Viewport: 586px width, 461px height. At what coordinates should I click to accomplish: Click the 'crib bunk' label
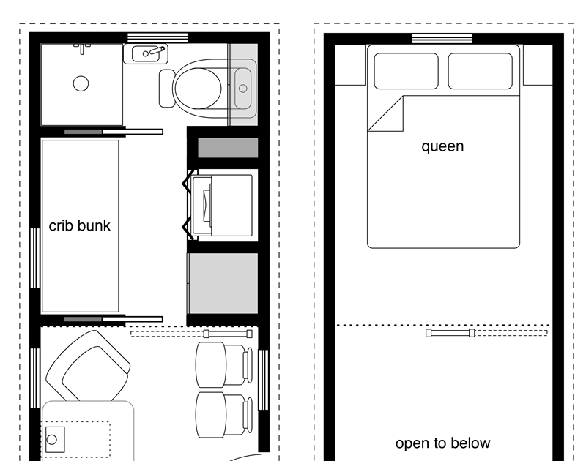(x=80, y=225)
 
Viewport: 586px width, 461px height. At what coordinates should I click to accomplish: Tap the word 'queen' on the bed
(x=442, y=146)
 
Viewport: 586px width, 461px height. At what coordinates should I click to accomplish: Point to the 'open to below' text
(x=443, y=443)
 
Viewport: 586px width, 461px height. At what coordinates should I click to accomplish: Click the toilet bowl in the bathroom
(x=198, y=89)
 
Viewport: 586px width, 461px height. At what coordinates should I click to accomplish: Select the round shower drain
(x=81, y=83)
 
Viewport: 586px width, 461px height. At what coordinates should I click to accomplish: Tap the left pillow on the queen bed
(x=407, y=71)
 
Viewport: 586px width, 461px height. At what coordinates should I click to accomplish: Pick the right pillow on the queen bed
(x=481, y=71)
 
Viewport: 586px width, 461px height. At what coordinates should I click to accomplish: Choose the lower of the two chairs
(x=223, y=414)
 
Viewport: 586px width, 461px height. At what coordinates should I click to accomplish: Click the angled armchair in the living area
(x=88, y=367)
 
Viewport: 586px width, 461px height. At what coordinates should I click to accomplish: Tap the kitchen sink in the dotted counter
(x=55, y=440)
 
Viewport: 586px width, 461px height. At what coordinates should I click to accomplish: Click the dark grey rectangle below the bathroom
(x=228, y=147)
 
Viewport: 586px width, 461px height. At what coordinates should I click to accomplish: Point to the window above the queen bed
(x=442, y=39)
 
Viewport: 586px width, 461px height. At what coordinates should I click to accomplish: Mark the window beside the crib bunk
(x=34, y=258)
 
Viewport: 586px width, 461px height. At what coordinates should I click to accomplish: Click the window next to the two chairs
(x=264, y=380)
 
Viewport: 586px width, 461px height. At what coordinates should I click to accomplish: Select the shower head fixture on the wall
(x=82, y=48)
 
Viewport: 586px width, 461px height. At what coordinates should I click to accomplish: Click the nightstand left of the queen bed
(x=350, y=65)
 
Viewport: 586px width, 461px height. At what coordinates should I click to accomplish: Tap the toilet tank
(x=167, y=89)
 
